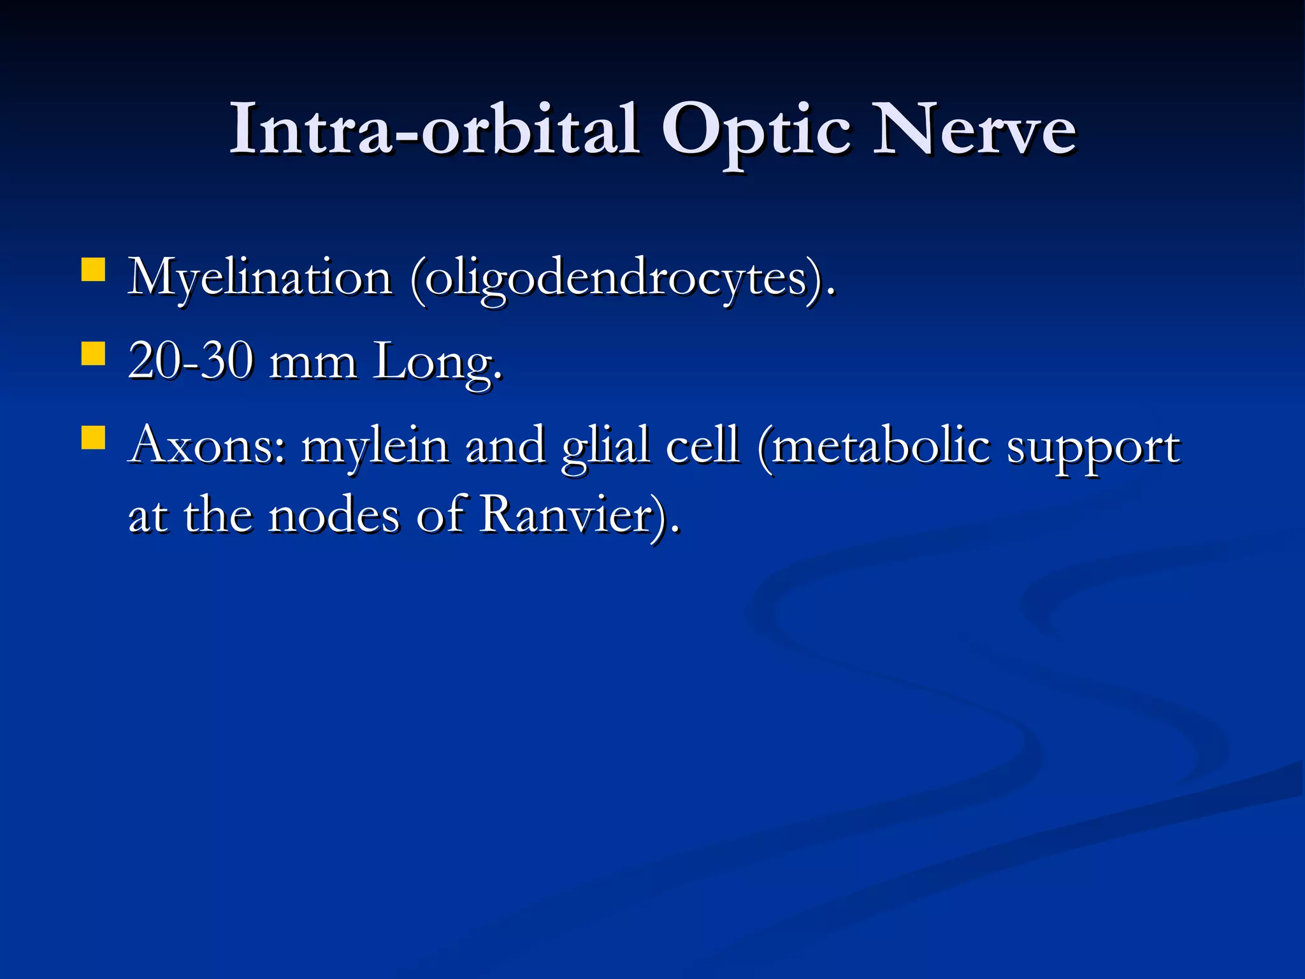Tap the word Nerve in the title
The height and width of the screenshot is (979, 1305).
click(x=974, y=130)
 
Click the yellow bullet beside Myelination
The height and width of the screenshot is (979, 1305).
click(x=93, y=269)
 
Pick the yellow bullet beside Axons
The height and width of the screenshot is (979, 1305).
click(x=93, y=438)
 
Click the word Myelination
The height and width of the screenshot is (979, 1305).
click(x=259, y=279)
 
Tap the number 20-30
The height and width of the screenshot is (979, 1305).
click(x=191, y=361)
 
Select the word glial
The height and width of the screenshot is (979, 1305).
click(x=605, y=447)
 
